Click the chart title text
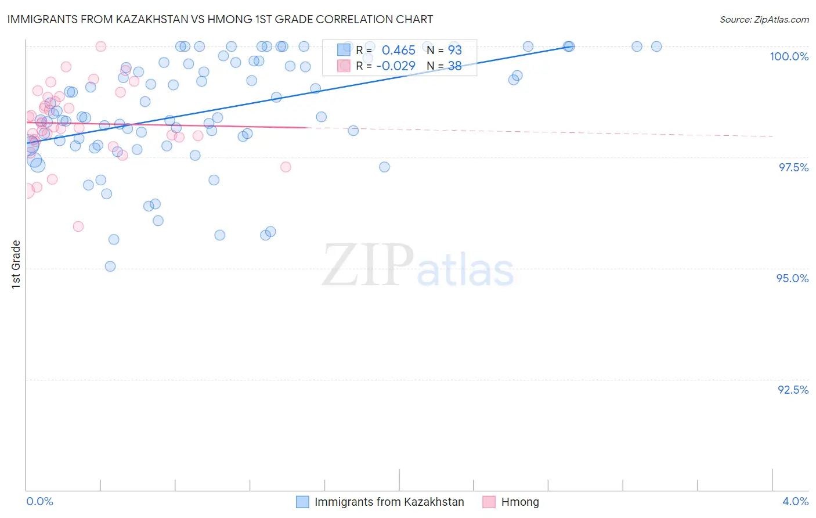[x=221, y=19]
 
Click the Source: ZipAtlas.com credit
[x=764, y=19]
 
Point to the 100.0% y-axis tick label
[x=789, y=56]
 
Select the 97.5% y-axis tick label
[x=793, y=167]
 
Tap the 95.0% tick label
[x=792, y=278]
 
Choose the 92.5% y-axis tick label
[x=793, y=390]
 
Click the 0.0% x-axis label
[x=39, y=501]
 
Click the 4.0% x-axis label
[x=795, y=501]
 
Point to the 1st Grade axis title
[x=16, y=264]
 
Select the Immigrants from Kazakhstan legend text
[x=389, y=502]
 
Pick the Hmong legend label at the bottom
[x=520, y=502]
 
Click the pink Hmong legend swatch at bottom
[x=489, y=502]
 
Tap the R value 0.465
[x=398, y=50]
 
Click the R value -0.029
[x=396, y=66]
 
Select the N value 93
[x=454, y=50]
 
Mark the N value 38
[x=454, y=66]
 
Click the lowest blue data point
[x=110, y=267]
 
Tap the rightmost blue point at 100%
[x=656, y=46]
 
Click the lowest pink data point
[x=78, y=226]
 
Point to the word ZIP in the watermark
[x=368, y=265]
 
